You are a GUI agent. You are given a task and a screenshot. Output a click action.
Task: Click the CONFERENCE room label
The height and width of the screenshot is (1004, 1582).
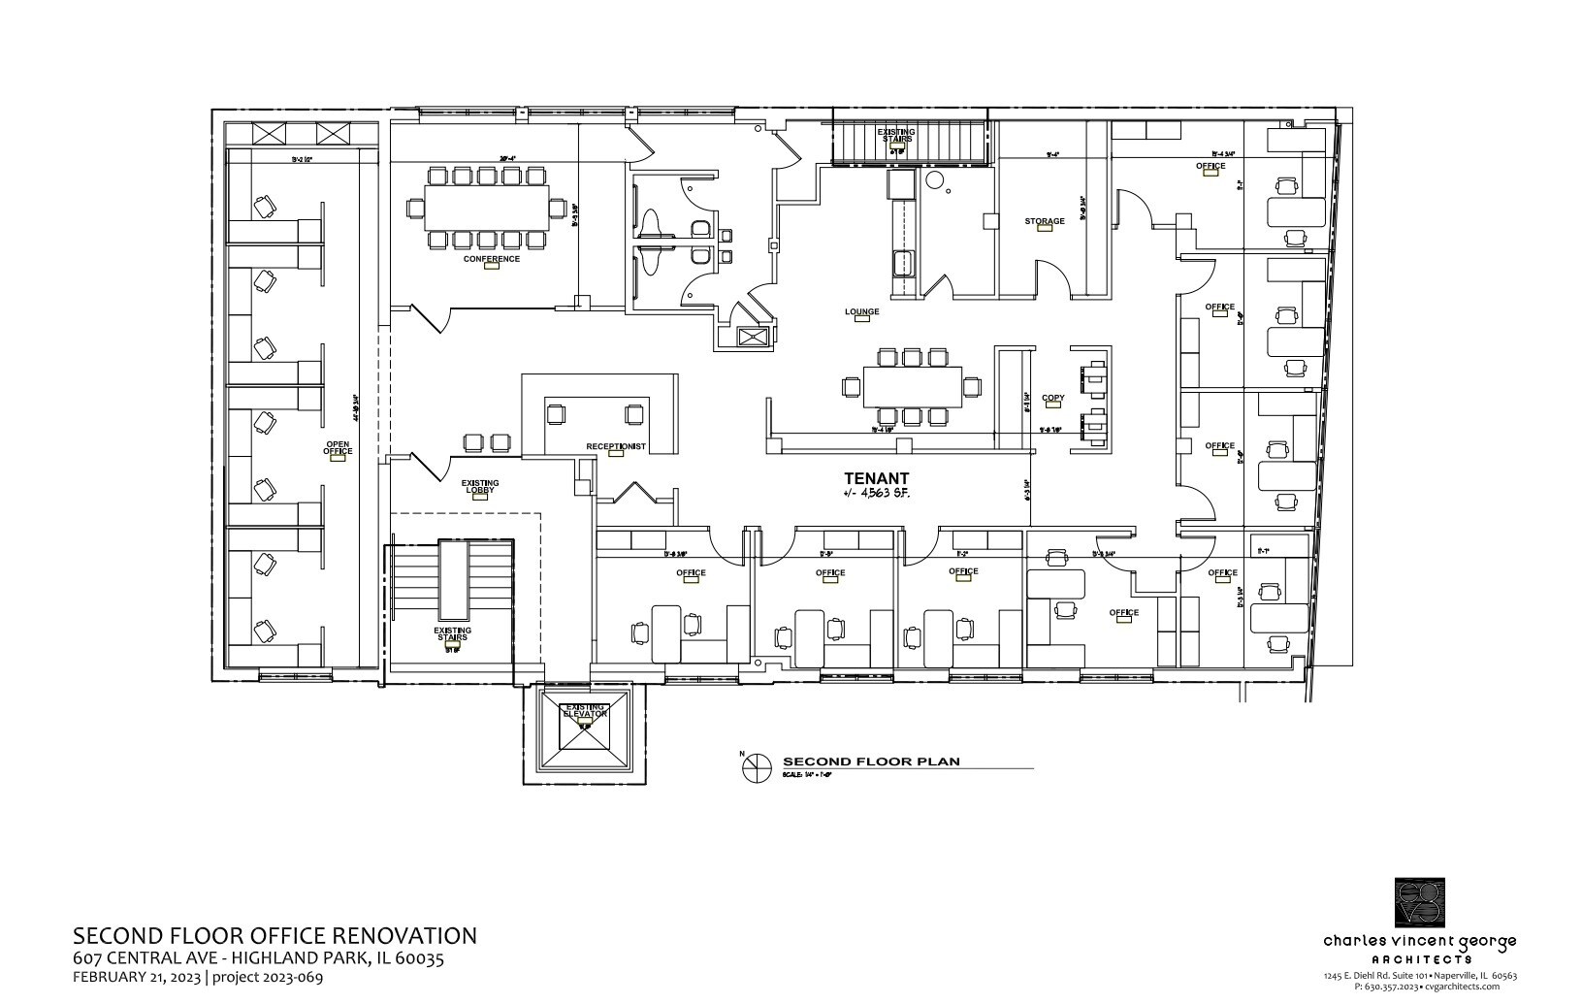tap(491, 259)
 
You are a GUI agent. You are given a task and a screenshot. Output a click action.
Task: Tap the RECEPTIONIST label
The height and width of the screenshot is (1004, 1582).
tap(615, 446)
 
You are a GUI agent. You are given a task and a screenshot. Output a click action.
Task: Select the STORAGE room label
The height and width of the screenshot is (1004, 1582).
tap(1045, 221)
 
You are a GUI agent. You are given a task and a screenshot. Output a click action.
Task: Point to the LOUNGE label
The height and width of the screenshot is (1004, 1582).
tap(861, 312)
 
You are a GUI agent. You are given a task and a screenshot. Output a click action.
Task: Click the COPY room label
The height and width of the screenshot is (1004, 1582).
tap(1052, 398)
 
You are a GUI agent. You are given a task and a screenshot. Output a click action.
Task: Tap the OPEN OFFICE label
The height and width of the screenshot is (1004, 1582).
tap(338, 448)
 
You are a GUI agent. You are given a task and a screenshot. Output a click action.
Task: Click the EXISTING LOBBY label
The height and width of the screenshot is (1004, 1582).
tap(479, 486)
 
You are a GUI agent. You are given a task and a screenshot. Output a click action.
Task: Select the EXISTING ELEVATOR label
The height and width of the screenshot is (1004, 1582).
tap(585, 711)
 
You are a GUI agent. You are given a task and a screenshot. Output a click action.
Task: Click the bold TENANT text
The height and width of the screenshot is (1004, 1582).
tap(876, 478)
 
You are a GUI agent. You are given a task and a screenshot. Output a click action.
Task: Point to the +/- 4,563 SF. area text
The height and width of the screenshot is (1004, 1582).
tap(876, 494)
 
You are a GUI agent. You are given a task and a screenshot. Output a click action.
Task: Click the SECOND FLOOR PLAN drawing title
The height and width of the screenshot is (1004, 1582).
tap(871, 761)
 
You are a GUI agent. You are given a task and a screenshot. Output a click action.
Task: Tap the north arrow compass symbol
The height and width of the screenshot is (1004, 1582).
tap(755, 768)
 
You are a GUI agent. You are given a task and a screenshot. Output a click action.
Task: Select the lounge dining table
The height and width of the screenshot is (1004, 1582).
tap(912, 386)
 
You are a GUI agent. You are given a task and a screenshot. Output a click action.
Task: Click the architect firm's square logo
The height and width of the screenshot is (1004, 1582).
tap(1419, 902)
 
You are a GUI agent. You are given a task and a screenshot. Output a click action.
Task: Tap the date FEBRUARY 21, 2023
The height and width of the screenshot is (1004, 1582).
tap(138, 977)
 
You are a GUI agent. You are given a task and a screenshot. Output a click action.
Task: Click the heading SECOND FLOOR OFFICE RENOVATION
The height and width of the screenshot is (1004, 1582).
tap(274, 936)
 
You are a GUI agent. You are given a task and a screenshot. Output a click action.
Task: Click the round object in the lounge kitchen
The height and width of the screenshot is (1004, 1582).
tap(934, 180)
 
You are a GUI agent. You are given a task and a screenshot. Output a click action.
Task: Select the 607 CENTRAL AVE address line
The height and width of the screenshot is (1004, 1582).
tap(258, 958)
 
